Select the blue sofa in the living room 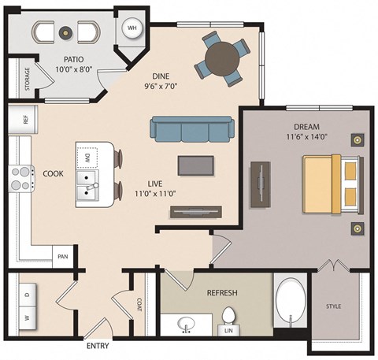pyautogui.click(x=192, y=130)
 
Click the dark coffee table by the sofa pyautogui.click(x=195, y=165)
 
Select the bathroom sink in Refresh pyautogui.click(x=187, y=325)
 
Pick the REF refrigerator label pyautogui.click(x=24, y=121)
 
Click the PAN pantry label pyautogui.click(x=62, y=257)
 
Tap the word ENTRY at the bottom pyautogui.click(x=97, y=346)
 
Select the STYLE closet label pyautogui.click(x=334, y=306)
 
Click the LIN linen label pyautogui.click(x=229, y=331)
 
